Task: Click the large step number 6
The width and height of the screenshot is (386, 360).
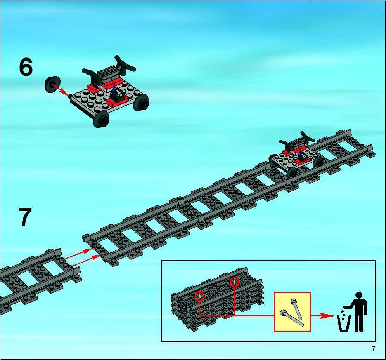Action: [26, 67]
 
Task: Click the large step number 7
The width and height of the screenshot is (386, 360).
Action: [25, 217]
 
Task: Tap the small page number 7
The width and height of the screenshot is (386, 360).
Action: [374, 349]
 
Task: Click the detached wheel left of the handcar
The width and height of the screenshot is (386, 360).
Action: [52, 84]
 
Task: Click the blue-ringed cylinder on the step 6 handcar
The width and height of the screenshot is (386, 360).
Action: [117, 92]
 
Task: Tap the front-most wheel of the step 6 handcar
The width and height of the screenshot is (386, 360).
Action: [101, 119]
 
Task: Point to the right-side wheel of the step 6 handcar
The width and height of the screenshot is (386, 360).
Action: [141, 103]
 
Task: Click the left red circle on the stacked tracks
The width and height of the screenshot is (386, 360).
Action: [199, 296]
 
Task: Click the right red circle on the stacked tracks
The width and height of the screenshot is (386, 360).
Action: [234, 282]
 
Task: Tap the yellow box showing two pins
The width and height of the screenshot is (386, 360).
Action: [292, 312]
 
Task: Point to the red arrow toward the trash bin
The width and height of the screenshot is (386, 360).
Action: [322, 316]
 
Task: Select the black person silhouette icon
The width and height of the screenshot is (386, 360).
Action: [358, 312]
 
